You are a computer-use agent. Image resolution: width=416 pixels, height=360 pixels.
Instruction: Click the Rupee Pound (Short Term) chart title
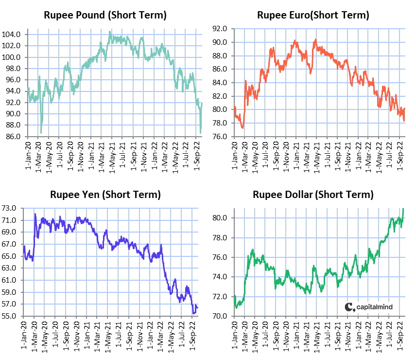105,15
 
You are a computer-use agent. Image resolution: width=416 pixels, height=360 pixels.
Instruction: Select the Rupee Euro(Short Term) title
313,15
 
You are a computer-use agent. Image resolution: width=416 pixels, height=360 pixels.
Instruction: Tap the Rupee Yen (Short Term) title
105,195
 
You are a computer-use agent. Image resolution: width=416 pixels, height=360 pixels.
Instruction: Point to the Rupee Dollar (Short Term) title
313,195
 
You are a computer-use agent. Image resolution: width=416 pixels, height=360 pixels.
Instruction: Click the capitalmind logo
368,307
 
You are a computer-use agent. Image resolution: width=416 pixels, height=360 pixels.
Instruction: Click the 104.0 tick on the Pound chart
11,35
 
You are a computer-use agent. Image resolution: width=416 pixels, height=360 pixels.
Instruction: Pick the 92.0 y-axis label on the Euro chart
220,29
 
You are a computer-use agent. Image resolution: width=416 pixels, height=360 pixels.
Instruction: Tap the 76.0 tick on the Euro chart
220,137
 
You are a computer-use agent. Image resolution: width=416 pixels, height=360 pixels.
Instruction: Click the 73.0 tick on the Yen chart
9,208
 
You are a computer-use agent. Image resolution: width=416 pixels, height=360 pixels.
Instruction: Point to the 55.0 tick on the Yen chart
9,316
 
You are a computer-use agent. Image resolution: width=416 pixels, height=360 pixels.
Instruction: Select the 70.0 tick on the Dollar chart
220,316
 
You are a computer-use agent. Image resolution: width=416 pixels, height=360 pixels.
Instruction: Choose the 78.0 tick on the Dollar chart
220,237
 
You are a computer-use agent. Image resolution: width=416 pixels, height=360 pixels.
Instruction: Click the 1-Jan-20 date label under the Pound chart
28,156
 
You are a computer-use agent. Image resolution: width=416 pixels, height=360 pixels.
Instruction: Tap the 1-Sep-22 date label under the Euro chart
400,156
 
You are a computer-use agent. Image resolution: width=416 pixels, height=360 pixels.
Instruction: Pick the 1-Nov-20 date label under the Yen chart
77,336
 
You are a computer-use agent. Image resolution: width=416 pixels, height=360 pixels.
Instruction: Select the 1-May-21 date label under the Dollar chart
317,336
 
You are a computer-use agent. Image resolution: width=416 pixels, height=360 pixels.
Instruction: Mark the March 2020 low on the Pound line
41,133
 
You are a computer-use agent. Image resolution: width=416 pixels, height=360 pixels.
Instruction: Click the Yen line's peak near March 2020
35,214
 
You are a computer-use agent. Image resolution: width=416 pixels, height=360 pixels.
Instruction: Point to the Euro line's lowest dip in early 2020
243,128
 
